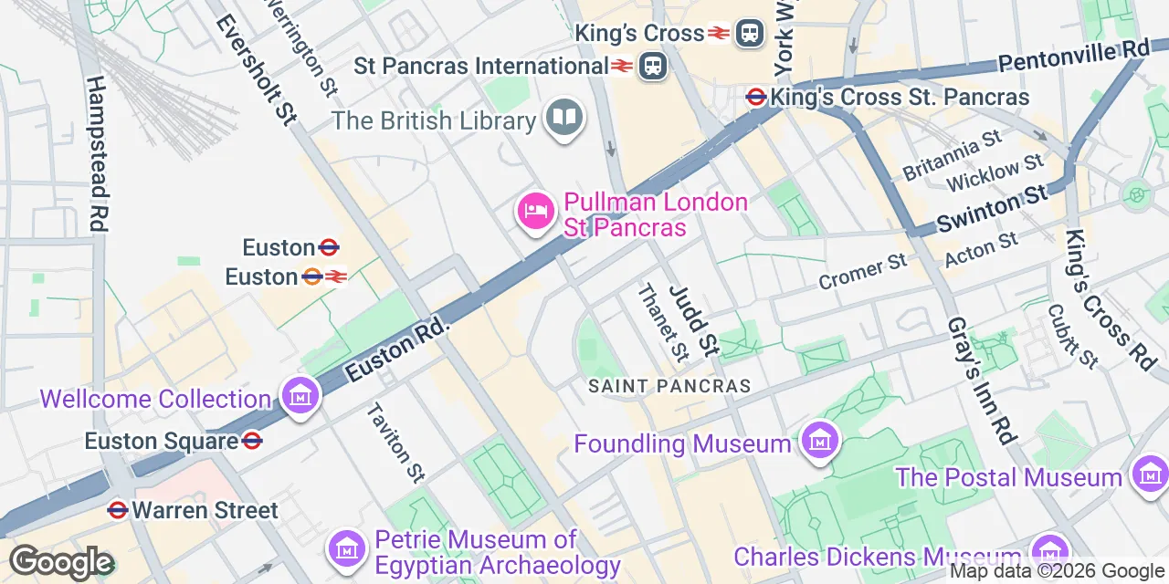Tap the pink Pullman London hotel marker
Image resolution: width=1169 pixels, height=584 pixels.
click(535, 212)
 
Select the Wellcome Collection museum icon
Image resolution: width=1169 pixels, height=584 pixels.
click(300, 397)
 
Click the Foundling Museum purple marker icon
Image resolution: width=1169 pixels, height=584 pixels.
click(819, 442)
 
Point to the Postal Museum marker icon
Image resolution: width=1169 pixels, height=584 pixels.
click(1149, 474)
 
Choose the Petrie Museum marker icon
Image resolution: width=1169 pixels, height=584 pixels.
click(347, 547)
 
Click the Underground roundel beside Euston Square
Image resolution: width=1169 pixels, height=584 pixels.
click(253, 441)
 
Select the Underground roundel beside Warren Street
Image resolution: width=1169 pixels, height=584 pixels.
click(117, 509)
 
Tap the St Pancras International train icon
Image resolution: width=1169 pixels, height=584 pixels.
click(653, 66)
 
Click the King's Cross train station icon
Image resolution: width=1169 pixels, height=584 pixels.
click(751, 33)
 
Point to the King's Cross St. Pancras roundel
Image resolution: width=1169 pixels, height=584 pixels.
click(756, 97)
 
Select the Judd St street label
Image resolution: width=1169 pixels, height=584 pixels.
click(694, 319)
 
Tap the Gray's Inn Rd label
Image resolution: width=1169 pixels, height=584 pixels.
click(981, 381)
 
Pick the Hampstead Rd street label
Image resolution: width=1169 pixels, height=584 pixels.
click(97, 152)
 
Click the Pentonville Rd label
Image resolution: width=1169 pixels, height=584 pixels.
click(1072, 56)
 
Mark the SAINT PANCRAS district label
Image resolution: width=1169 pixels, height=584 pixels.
click(669, 386)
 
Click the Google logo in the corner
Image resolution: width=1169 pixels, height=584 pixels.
click(61, 562)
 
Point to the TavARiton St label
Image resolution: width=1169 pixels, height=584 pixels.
click(395, 442)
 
